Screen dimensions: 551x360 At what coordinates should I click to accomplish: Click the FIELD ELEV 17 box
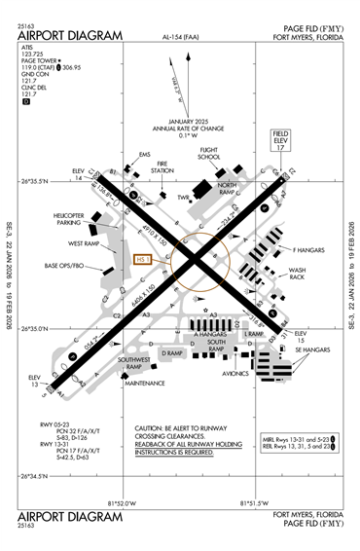click(280, 139)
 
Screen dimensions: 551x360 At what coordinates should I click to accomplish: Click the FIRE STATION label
click(162, 166)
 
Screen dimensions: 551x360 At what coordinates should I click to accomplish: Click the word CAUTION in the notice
click(151, 427)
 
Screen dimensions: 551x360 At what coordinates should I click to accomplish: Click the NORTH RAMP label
click(227, 188)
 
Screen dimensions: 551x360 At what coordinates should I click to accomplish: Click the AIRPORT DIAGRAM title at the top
click(69, 36)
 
